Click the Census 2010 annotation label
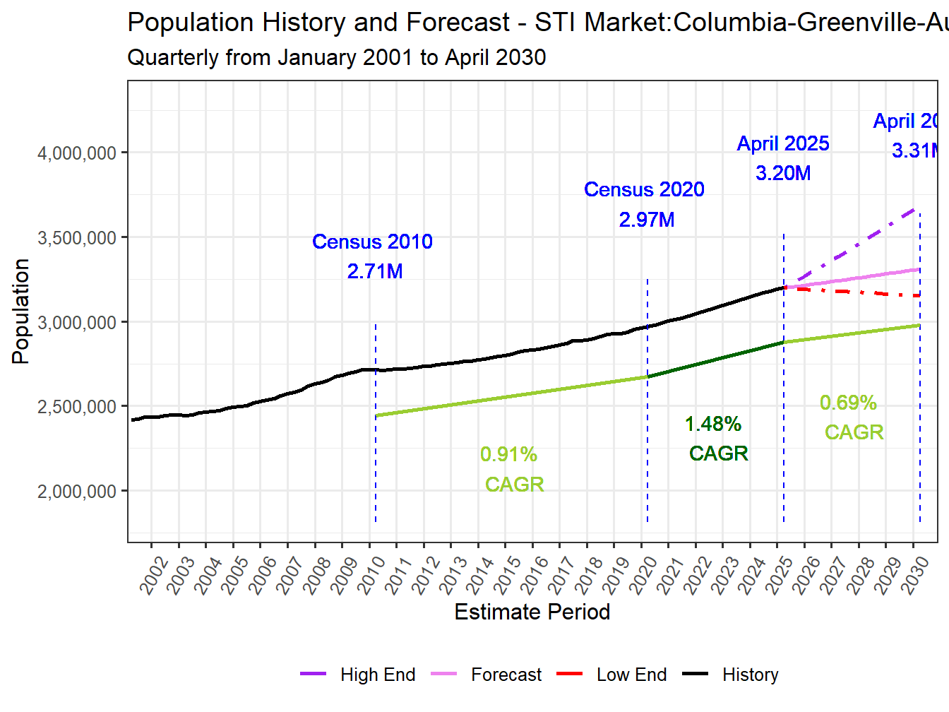(372, 242)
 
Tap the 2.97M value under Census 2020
(647, 220)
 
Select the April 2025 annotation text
(783, 143)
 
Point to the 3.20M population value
(783, 173)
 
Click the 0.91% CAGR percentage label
(508, 454)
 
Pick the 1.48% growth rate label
(713, 424)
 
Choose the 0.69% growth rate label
(848, 403)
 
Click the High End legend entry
(377, 675)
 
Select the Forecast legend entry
(506, 675)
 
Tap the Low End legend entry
(631, 675)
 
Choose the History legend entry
(750, 675)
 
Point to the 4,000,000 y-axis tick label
(76, 153)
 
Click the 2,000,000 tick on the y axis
(76, 491)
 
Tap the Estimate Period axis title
(532, 612)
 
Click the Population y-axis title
(20, 311)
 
